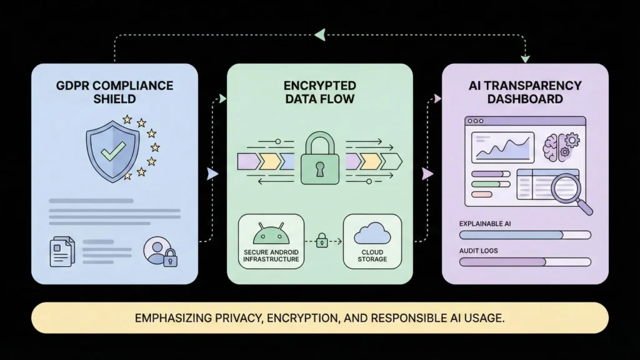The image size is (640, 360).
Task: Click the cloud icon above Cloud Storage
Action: click(x=372, y=234)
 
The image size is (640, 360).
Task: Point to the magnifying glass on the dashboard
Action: click(x=569, y=189)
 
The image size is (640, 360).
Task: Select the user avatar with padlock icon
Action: click(x=159, y=251)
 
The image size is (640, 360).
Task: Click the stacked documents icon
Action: click(x=62, y=251)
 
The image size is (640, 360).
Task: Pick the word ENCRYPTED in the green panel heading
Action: click(x=319, y=85)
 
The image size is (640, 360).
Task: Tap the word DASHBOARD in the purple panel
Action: click(x=525, y=99)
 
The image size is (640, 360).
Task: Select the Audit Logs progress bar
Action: click(x=525, y=262)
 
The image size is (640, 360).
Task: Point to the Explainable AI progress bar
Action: click(x=525, y=235)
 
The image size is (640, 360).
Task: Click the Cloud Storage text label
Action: click(x=372, y=256)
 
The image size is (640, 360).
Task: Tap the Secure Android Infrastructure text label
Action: click(x=271, y=256)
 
